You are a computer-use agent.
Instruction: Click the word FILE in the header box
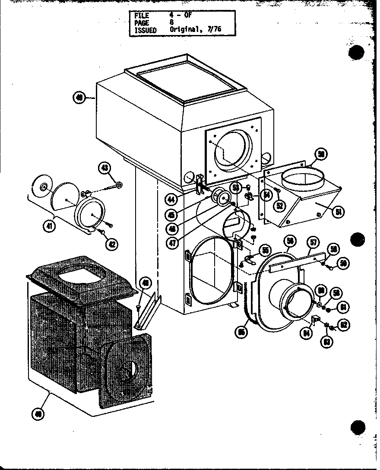coord(142,16)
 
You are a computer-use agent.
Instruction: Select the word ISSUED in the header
coord(146,30)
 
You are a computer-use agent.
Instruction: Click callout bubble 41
coord(51,226)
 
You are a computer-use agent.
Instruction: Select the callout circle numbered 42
coord(111,244)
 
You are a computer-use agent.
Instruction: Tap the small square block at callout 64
coord(315,320)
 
